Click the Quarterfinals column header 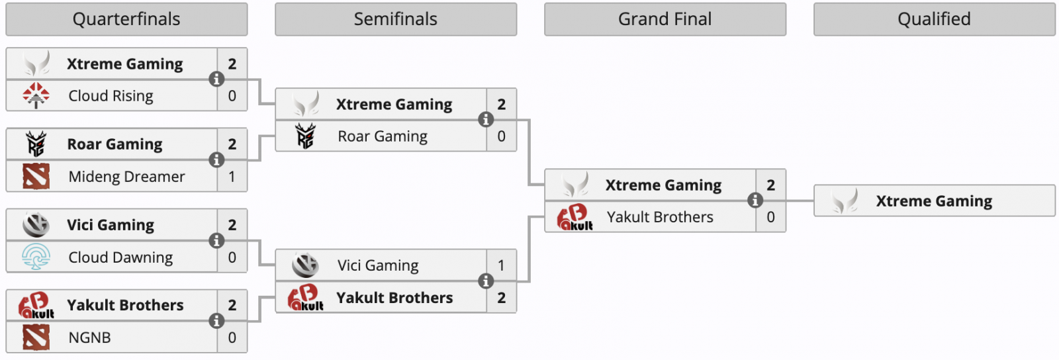point(126,19)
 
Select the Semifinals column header point(396,19)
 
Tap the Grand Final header point(665,19)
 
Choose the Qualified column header point(934,19)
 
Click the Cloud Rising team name point(111,96)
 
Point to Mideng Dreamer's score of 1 point(232,177)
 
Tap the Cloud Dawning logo point(36,257)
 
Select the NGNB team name point(89,337)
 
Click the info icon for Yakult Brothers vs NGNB point(216,321)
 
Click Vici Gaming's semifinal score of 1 point(501,265)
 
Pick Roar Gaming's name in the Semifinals point(383,136)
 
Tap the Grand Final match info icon point(755,201)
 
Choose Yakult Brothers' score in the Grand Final point(770,217)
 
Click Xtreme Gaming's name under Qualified point(934,201)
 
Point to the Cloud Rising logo point(36,96)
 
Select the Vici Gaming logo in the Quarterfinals point(36,225)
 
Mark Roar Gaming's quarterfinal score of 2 point(232,144)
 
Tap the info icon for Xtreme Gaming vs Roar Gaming point(486,120)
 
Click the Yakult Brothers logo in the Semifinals point(305,298)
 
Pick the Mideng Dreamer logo point(36,177)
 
